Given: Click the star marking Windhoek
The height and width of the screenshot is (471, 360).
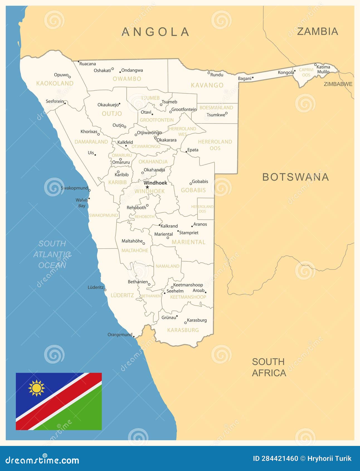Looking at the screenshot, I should tap(147, 187).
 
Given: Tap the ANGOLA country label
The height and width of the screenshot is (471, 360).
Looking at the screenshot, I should tap(155, 32).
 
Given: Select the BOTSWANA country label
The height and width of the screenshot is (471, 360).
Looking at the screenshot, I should tap(296, 177).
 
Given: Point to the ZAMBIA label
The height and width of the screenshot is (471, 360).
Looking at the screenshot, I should tap(317, 31).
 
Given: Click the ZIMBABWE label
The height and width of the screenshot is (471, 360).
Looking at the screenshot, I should tap(338, 84).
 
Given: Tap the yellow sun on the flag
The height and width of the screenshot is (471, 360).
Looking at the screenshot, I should tap(37, 388).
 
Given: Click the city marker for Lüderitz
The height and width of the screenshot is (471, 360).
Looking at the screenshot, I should tap(105, 290).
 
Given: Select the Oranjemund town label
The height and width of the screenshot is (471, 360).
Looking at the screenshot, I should tap(120, 334).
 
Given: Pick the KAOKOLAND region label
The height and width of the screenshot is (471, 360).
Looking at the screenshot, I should tap(55, 83).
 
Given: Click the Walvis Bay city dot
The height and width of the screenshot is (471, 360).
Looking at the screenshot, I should tap(89, 199).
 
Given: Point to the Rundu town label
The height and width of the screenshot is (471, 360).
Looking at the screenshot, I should tap(217, 75).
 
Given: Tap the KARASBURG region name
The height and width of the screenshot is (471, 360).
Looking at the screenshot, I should tap(183, 330).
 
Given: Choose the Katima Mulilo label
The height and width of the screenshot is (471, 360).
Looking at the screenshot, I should tap(323, 69).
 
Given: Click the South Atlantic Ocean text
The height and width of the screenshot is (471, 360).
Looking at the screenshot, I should tap(52, 254).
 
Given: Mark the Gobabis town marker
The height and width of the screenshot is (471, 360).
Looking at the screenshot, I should tap(191, 184).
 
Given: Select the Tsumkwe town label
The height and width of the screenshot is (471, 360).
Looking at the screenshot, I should tap(216, 115).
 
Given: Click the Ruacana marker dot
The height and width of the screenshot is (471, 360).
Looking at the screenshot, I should tap(79, 62).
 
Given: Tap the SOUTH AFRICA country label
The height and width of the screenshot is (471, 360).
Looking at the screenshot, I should tap(269, 367).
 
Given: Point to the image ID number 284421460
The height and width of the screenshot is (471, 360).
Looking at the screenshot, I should tap(280, 458).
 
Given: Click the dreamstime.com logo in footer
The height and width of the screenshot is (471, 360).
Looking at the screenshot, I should tap(42, 460).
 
